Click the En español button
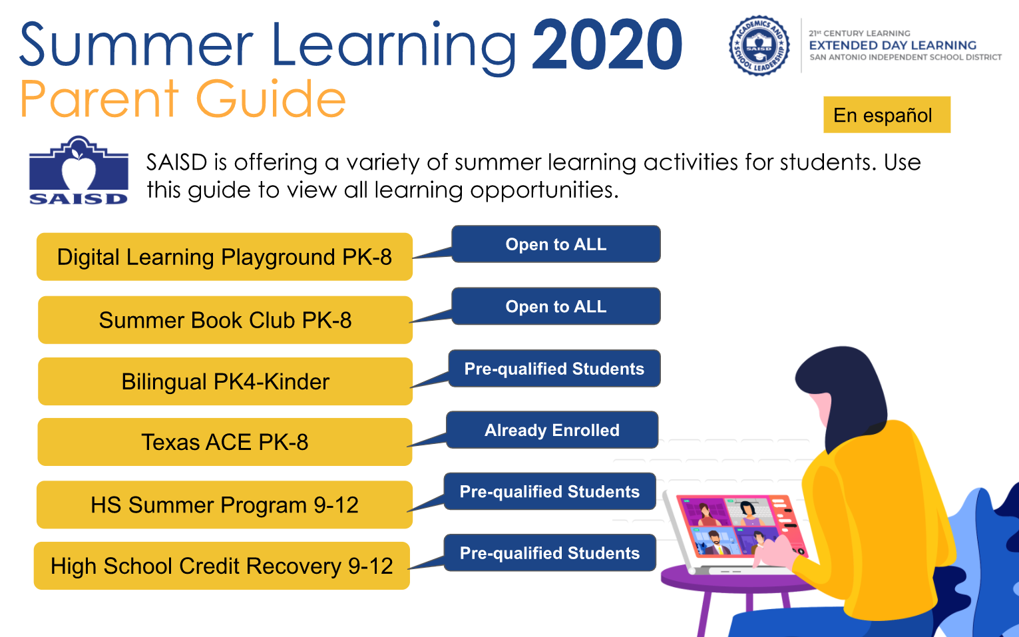pos(887,114)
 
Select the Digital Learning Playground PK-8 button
pos(224,257)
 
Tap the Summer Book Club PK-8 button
pos(225,320)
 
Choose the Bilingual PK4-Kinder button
pos(225,381)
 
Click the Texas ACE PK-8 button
pos(225,442)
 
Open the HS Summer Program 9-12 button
pos(224,505)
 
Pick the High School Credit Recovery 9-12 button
pos(222,566)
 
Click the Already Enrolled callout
pos(552,430)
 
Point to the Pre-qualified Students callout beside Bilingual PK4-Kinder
pos(554,369)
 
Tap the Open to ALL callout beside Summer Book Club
pos(556,306)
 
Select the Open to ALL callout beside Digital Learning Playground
pos(556,244)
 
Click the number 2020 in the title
pos(607,45)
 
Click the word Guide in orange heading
pos(271,99)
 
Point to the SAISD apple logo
pos(79,170)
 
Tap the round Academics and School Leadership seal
pos(759,45)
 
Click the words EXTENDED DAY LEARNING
pos(893,45)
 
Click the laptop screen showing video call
pos(739,527)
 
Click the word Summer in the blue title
pos(136,45)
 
